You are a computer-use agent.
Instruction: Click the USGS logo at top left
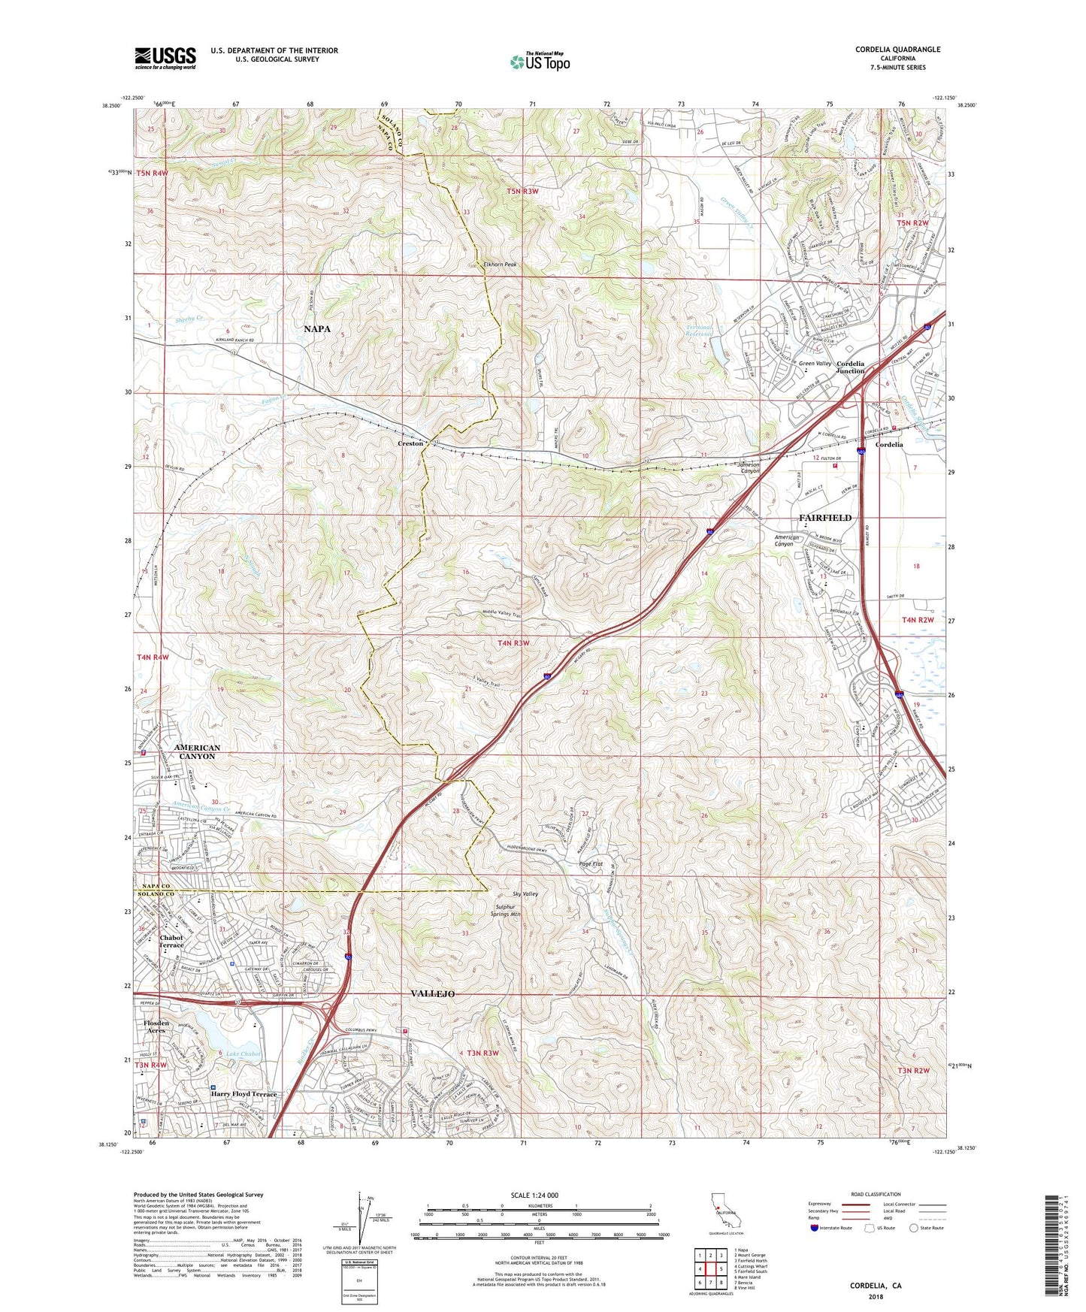pos(165,58)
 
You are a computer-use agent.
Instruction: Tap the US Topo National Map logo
pos(540,62)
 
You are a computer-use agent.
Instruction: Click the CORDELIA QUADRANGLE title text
pos(897,50)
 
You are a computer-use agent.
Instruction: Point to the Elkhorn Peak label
pos(500,265)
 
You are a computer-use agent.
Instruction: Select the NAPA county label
pos(316,329)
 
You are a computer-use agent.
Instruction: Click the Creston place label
pos(410,444)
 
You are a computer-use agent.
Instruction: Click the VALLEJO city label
pos(432,993)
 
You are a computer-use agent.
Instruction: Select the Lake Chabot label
pos(244,1054)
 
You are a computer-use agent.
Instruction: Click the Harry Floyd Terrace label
pos(244,1094)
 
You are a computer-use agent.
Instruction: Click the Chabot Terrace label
pos(171,942)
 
